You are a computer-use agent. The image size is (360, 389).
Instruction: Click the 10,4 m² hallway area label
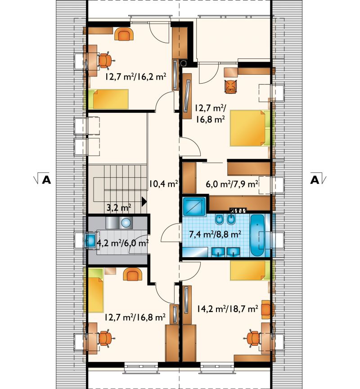pos(163,184)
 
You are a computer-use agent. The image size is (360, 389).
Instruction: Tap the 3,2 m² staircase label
pos(119,207)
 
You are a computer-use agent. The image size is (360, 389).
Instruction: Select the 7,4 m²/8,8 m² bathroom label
pos(215,234)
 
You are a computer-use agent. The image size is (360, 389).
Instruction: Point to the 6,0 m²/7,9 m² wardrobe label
pos(232,184)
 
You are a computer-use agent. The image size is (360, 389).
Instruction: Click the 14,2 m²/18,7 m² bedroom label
pos(227,309)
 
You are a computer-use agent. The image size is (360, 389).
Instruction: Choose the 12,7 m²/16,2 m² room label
pos(135,76)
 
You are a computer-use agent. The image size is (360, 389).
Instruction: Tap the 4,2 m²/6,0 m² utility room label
pos(123,243)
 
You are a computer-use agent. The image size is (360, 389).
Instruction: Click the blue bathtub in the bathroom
pos(257,236)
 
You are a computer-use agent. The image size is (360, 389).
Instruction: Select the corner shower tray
pos(194,206)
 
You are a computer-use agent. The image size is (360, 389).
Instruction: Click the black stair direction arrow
pos(144,201)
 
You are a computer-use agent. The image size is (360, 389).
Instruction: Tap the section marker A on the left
pos(46,180)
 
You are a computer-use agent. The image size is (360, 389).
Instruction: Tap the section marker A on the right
pos(315,180)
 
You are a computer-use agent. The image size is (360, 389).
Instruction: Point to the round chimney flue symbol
pos(184,63)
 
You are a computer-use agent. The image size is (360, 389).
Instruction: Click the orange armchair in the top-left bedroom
pos(124,34)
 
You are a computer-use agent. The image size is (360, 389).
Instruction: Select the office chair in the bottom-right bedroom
pos(254,338)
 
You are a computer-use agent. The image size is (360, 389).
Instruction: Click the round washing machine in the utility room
pos(126,223)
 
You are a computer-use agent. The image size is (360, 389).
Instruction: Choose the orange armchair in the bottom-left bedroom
pos(134,274)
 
